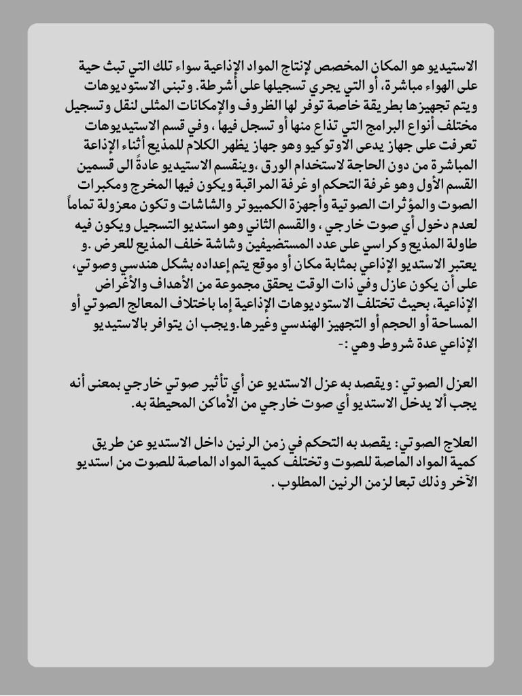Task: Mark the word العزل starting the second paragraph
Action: pos(465,382)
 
